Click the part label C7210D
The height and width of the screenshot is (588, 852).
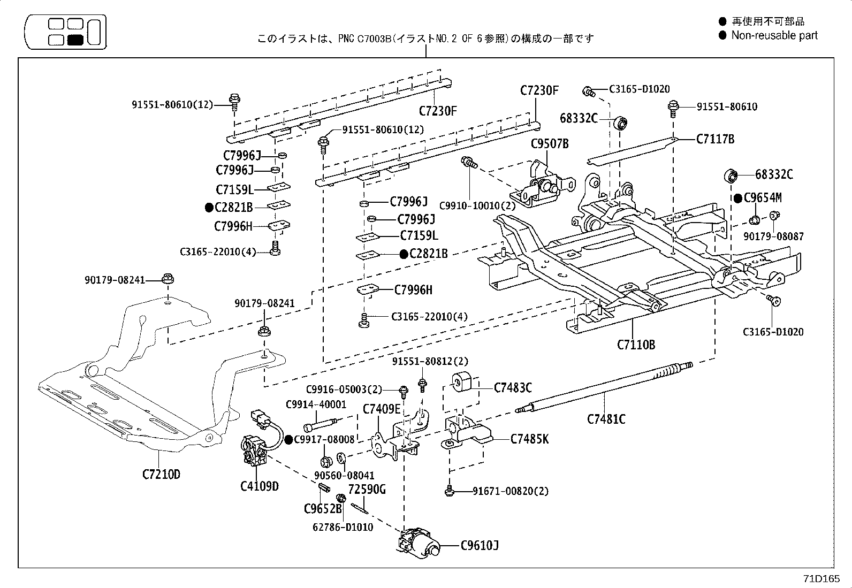tap(161, 474)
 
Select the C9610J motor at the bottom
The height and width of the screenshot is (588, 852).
tap(423, 545)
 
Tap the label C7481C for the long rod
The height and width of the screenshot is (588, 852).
tap(606, 419)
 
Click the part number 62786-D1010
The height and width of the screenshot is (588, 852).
tap(343, 527)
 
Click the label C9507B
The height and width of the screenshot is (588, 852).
tap(549, 143)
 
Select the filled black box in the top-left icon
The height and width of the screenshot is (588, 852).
tap(75, 39)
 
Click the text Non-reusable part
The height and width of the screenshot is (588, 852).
tap(774, 35)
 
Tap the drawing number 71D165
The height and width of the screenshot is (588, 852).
tap(821, 579)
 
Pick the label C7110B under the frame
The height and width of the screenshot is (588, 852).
tap(636, 345)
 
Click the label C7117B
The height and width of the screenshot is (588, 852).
tap(715, 139)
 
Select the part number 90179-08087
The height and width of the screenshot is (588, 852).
tap(773, 236)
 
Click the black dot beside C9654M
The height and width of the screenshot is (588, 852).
tap(738, 198)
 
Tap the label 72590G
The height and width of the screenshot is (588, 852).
tap(367, 490)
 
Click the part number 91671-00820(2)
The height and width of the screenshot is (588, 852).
tap(511, 491)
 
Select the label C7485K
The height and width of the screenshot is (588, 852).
tap(529, 439)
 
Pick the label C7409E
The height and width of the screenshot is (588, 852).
tap(381, 409)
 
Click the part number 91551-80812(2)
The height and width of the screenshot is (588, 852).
tap(430, 362)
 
